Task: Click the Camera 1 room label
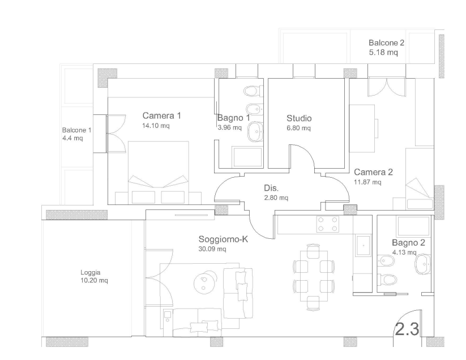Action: pyautogui.click(x=162, y=115)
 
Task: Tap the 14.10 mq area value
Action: pyautogui.click(x=156, y=126)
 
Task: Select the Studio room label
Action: pyautogui.click(x=299, y=118)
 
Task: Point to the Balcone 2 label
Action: pyautogui.click(x=386, y=43)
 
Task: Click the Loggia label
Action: pyautogui.click(x=91, y=272)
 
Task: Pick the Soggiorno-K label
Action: pyautogui.click(x=223, y=239)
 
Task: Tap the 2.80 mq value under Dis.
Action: pyautogui.click(x=276, y=198)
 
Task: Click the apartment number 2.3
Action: pyautogui.click(x=407, y=329)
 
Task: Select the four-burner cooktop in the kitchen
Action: pyautogui.click(x=327, y=224)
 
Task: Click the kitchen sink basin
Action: pyautogui.click(x=364, y=245)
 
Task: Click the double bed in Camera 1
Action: pyautogui.click(x=159, y=173)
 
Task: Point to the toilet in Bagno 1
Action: pyautogui.click(x=254, y=91)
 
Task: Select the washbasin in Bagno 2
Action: pyautogui.click(x=423, y=264)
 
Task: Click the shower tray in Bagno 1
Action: pyautogui.click(x=247, y=157)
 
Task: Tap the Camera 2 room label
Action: pyautogui.click(x=373, y=172)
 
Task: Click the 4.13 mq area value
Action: pyautogui.click(x=404, y=252)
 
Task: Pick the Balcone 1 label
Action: pyautogui.click(x=76, y=130)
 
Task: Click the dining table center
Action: pyautogui.click(x=314, y=276)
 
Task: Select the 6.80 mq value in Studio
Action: pyautogui.click(x=298, y=128)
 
